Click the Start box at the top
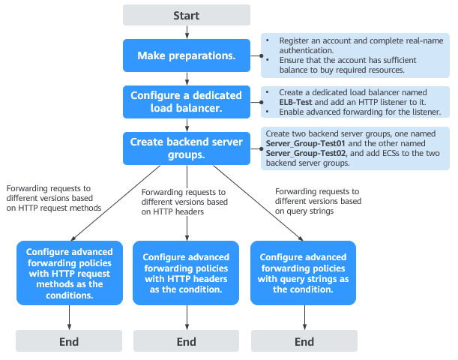tap(186, 15)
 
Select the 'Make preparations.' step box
tap(186, 55)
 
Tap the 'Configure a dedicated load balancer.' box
tap(186, 101)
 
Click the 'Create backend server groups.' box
tap(186, 148)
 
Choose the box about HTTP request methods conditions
tap(70, 273)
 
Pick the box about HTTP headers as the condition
tap(186, 273)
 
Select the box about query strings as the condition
tap(304, 273)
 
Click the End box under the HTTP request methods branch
tap(70, 341)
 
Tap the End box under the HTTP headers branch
tap(186, 341)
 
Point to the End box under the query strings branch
tap(304, 341)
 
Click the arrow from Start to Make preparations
tap(186, 32)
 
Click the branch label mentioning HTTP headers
tap(184, 202)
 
